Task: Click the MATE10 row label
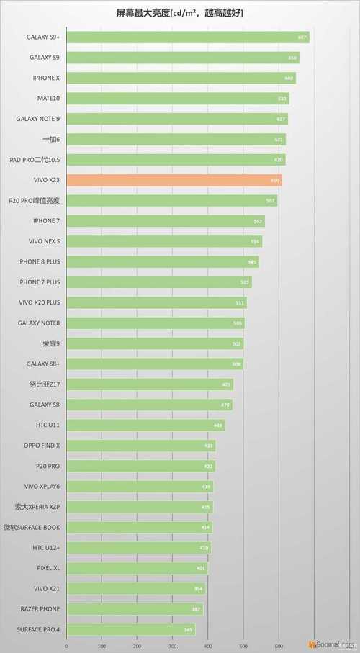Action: [48, 98]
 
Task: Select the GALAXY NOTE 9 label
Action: [48, 118]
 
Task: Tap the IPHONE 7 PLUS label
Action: [49, 282]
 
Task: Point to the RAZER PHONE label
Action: [49, 609]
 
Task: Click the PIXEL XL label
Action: [49, 568]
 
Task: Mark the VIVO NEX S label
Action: [49, 241]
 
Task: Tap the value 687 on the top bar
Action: [302, 37]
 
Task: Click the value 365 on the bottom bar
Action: [188, 630]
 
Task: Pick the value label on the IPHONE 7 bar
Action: [258, 221]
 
